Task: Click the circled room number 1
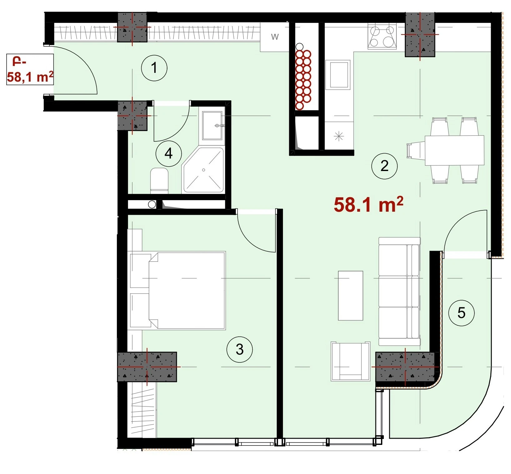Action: pos(154,68)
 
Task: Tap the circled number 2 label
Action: pos(384,166)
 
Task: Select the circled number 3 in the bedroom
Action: pos(240,349)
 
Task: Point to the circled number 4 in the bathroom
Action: pos(169,154)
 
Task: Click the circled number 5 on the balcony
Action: pos(461,313)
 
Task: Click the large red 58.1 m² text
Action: pos(369,205)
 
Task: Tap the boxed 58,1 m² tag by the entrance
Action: pos(30,69)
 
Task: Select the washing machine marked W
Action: pos(275,37)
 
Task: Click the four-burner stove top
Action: pos(382,36)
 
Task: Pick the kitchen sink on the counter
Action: pos(337,75)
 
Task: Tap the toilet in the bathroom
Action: pos(159,180)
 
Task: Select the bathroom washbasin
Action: pos(212,125)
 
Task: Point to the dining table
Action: pos(454,150)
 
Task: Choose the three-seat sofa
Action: pos(399,291)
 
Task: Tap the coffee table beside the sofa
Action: pos(350,295)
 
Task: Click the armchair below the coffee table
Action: pos(350,361)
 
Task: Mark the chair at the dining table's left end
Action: pos(416,150)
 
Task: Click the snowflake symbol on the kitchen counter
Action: pos(339,136)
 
